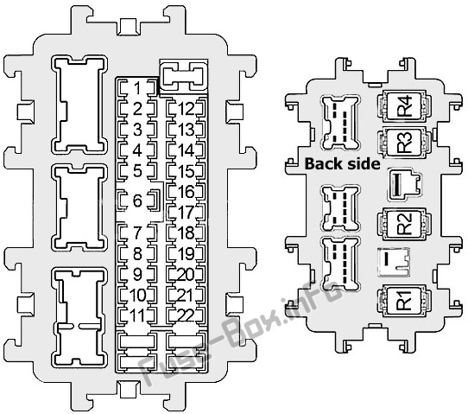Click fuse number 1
pyautogui.click(x=137, y=88)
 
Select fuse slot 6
pyautogui.click(x=137, y=201)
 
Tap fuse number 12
pyautogui.click(x=187, y=108)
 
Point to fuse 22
pyautogui.click(x=186, y=315)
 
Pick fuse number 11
pyautogui.click(x=137, y=315)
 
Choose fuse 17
pyautogui.click(x=187, y=212)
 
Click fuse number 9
pyautogui.click(x=137, y=274)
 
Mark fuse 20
pyautogui.click(x=186, y=274)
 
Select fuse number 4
pyautogui.click(x=137, y=150)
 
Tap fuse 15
pyautogui.click(x=187, y=171)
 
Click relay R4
pyautogui.click(x=404, y=106)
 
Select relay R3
pyautogui.click(x=404, y=143)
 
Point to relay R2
pyautogui.click(x=404, y=224)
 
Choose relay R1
pyautogui.click(x=404, y=300)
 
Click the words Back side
pyautogui.click(x=342, y=164)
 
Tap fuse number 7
pyautogui.click(x=137, y=232)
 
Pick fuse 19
pyautogui.click(x=187, y=253)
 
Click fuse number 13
pyautogui.click(x=187, y=130)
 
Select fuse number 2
pyautogui.click(x=137, y=108)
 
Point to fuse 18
pyautogui.click(x=187, y=232)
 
